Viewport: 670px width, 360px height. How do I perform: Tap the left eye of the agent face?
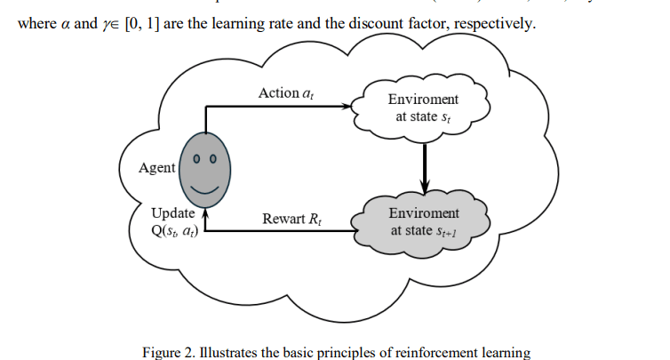point(198,161)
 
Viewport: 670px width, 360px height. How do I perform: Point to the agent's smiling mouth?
point(206,188)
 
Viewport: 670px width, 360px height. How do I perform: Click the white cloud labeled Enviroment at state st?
point(424,108)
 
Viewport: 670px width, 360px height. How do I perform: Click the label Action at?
point(285,93)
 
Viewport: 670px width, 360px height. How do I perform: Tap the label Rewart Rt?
point(291,219)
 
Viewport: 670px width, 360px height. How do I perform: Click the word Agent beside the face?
point(157,168)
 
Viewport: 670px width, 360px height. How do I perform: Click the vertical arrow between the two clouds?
point(425,164)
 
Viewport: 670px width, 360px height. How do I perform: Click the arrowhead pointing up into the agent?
point(206,213)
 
